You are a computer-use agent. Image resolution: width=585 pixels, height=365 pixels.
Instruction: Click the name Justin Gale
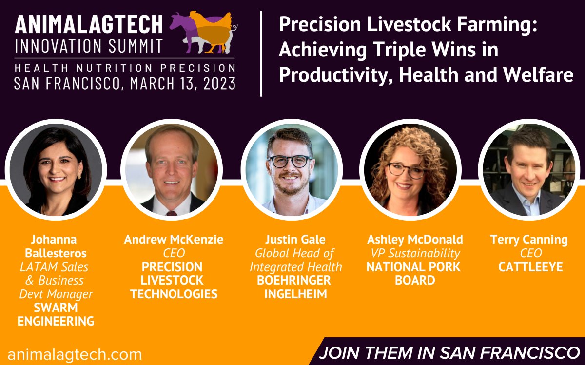295,239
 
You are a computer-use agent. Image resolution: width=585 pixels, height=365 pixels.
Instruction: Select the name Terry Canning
529,239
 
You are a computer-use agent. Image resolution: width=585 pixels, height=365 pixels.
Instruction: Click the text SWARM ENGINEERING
56,314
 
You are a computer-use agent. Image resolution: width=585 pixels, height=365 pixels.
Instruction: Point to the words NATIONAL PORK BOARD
414,274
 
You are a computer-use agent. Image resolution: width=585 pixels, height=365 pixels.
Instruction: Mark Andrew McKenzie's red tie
171,213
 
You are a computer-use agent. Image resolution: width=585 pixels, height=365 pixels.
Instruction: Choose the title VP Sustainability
414,253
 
